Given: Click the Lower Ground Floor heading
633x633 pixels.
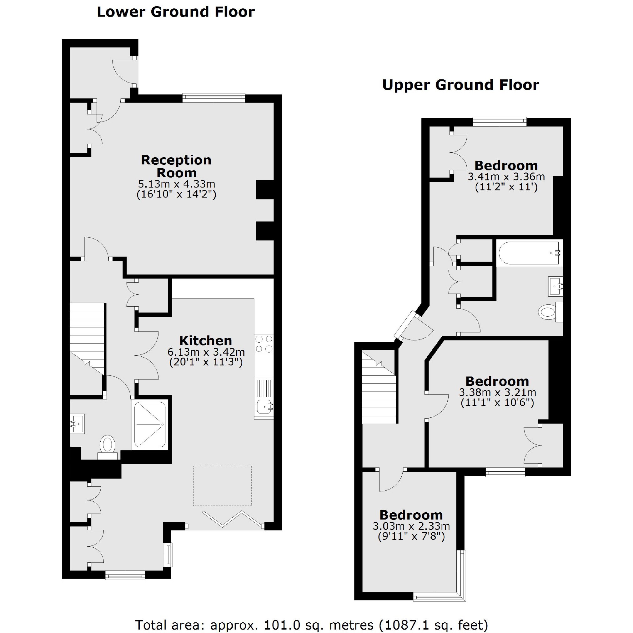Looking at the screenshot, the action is click(x=176, y=12).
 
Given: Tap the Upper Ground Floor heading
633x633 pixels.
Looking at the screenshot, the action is click(x=460, y=85).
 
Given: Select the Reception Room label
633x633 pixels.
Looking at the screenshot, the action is click(x=176, y=166).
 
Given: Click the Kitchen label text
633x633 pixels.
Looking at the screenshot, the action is click(x=205, y=340).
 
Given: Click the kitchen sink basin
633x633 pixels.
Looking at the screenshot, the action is click(x=264, y=407).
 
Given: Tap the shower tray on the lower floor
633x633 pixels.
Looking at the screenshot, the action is click(x=150, y=425).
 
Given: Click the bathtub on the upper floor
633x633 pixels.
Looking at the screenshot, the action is click(x=529, y=253).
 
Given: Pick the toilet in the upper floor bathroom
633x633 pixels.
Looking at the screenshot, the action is click(x=548, y=312).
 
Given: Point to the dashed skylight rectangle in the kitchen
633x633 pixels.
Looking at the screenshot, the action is click(x=222, y=485).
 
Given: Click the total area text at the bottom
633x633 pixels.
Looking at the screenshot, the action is click(x=311, y=625).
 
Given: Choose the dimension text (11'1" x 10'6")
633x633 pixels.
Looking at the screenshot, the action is click(x=497, y=402).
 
